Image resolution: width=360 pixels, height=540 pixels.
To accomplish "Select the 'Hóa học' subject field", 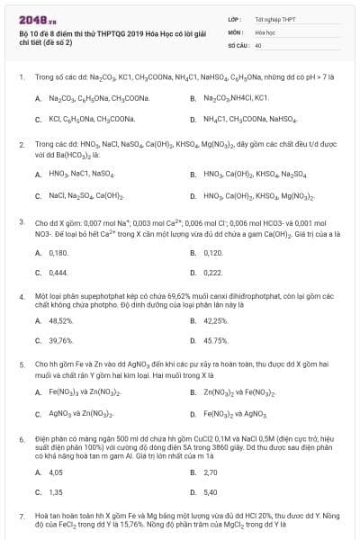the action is pyautogui.click(x=265, y=31).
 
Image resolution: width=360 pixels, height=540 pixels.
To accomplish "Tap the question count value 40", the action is pyautogui.click(x=258, y=44).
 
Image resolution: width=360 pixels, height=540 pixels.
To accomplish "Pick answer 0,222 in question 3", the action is pyautogui.click(x=212, y=272).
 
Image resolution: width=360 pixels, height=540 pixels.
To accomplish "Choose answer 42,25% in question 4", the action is pyautogui.click(x=216, y=321).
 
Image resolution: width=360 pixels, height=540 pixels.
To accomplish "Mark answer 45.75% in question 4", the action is pyautogui.click(x=216, y=340).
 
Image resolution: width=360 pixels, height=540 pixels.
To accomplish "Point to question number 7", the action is pyautogui.click(x=21, y=517).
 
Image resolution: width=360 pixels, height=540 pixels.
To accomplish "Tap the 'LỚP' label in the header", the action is pyautogui.click(x=235, y=18).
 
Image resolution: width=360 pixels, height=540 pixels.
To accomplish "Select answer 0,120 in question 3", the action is pyautogui.click(x=212, y=253).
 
